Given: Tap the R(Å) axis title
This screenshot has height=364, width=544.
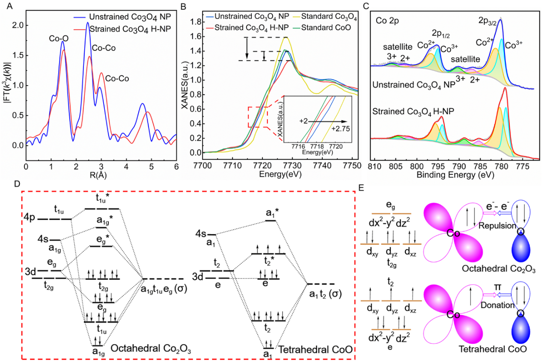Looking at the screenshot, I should coord(101,174).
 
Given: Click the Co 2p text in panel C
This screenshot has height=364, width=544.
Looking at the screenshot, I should coord(387,20).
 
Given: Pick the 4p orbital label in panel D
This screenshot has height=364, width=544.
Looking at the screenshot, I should coord(30,218).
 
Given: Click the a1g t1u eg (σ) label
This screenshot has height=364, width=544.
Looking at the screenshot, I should coord(163,290).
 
